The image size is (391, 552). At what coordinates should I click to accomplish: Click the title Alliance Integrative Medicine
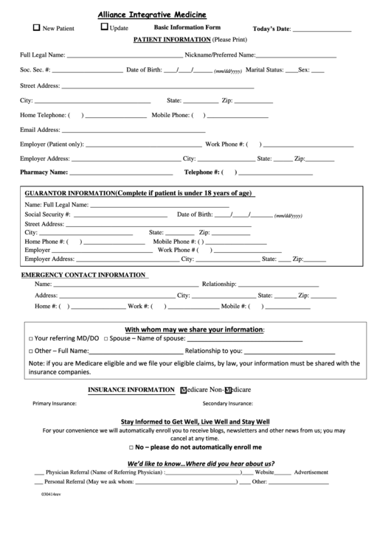(x=152, y=14)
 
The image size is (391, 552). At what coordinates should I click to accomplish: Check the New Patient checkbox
(x=37, y=28)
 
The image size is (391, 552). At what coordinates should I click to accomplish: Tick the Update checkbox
(x=104, y=28)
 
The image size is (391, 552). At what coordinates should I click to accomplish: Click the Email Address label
(x=39, y=130)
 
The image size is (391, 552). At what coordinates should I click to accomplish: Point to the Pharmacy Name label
(x=44, y=172)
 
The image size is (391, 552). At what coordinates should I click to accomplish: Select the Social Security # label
(x=47, y=214)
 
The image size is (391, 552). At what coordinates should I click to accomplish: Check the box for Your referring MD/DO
(x=30, y=338)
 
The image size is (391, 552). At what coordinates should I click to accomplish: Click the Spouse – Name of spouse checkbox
(x=107, y=338)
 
